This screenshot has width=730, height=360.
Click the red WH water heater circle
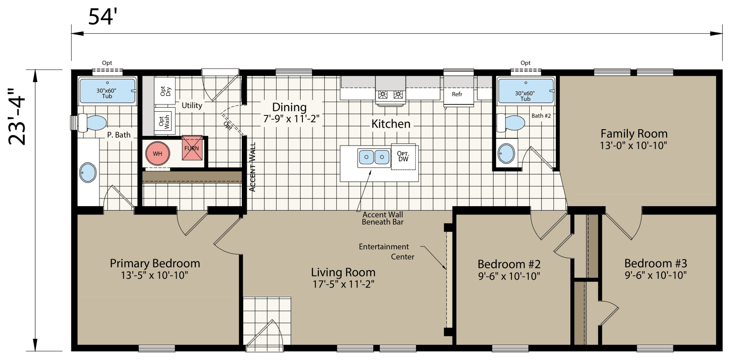coord(157,154)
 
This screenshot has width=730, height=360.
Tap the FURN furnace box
coord(192,148)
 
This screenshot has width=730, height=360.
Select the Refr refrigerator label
coord(457,94)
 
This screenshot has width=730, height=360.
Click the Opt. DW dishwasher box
coord(403,157)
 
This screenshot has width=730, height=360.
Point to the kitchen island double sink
coord(374,157)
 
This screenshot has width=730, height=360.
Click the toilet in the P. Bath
coord(93,123)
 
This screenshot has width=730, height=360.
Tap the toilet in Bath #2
coord(511,123)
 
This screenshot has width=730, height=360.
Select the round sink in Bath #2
coord(506,154)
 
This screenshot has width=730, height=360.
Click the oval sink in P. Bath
coord(88,173)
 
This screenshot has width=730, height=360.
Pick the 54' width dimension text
coord(103,17)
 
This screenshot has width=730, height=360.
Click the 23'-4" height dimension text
coord(18,117)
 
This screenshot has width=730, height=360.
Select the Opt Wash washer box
coord(163,121)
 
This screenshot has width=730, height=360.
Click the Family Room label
coord(634,134)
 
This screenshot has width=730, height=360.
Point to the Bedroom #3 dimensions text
coord(656,275)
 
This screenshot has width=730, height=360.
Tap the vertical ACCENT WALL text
coord(253,167)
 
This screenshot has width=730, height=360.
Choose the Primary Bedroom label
coord(155,263)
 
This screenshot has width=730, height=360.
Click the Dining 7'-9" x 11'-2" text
coord(291,113)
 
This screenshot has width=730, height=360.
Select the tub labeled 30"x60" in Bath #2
coord(525,91)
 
